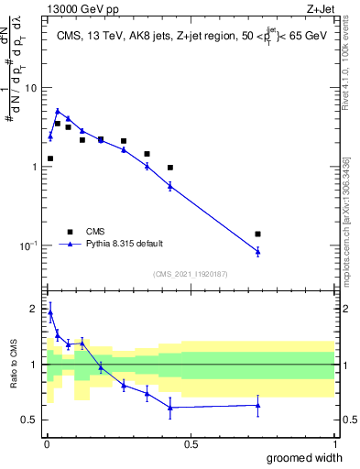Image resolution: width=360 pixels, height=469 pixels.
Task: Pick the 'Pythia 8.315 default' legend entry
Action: click(x=110, y=244)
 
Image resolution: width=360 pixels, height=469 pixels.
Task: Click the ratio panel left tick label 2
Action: click(x=35, y=309)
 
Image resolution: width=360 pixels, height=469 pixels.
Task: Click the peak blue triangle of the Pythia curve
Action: click(x=57, y=111)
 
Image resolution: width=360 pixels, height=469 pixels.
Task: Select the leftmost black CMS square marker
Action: click(x=50, y=158)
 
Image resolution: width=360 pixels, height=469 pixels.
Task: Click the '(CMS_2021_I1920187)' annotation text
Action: click(x=189, y=274)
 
